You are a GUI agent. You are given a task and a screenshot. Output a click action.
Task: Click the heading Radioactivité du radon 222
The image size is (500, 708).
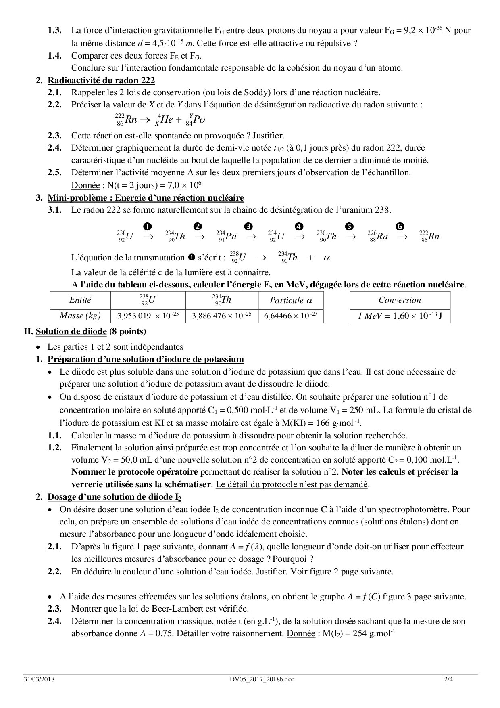tap(101, 80)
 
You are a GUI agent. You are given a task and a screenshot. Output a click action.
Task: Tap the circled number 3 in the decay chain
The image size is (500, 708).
tap(248, 226)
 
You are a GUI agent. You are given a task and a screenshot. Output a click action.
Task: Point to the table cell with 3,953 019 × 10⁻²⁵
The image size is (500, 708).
tap(148, 316)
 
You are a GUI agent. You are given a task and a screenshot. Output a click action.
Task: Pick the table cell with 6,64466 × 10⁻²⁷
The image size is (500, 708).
tap(290, 316)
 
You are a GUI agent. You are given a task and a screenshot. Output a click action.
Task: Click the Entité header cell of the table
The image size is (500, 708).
tap(80, 300)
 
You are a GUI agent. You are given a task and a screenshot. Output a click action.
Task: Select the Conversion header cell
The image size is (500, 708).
tap(399, 300)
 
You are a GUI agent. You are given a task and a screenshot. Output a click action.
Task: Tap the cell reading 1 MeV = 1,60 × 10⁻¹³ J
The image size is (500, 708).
tap(399, 316)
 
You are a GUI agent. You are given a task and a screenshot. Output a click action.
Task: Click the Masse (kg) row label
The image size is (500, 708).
tap(80, 316)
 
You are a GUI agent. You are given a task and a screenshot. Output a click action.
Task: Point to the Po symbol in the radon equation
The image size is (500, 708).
tap(199, 120)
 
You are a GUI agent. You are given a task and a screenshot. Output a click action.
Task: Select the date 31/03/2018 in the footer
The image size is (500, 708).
tap(39, 679)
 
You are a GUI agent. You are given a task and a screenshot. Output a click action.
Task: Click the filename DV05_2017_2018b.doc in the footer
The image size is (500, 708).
tap(259, 679)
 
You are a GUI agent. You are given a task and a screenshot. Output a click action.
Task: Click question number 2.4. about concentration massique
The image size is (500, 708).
tap(54, 621)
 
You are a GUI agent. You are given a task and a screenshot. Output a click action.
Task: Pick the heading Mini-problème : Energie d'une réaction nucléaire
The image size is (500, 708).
tap(146, 198)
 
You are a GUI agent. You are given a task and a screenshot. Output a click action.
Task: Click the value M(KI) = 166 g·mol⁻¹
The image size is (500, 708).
tap(328, 423)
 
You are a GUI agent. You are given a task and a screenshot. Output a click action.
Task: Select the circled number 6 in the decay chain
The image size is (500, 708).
tap(400, 226)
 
